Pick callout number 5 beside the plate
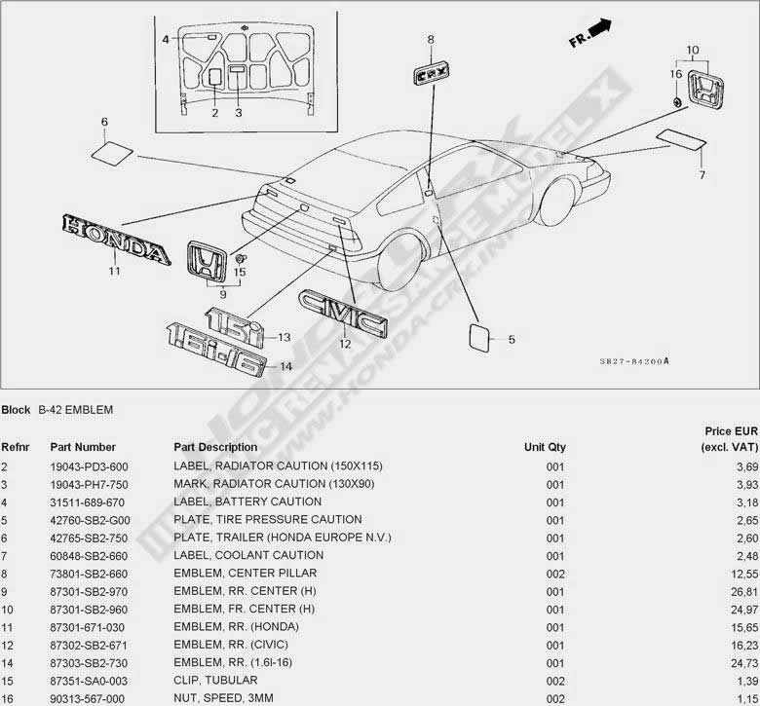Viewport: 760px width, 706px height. (x=512, y=340)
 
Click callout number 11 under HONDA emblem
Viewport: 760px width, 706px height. (x=114, y=272)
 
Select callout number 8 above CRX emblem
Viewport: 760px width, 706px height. (x=430, y=40)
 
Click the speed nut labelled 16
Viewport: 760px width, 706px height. (x=676, y=100)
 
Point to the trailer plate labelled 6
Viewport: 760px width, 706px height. (x=113, y=152)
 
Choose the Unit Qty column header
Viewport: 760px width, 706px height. (x=544, y=447)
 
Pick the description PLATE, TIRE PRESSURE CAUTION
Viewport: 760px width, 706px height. (x=267, y=520)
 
